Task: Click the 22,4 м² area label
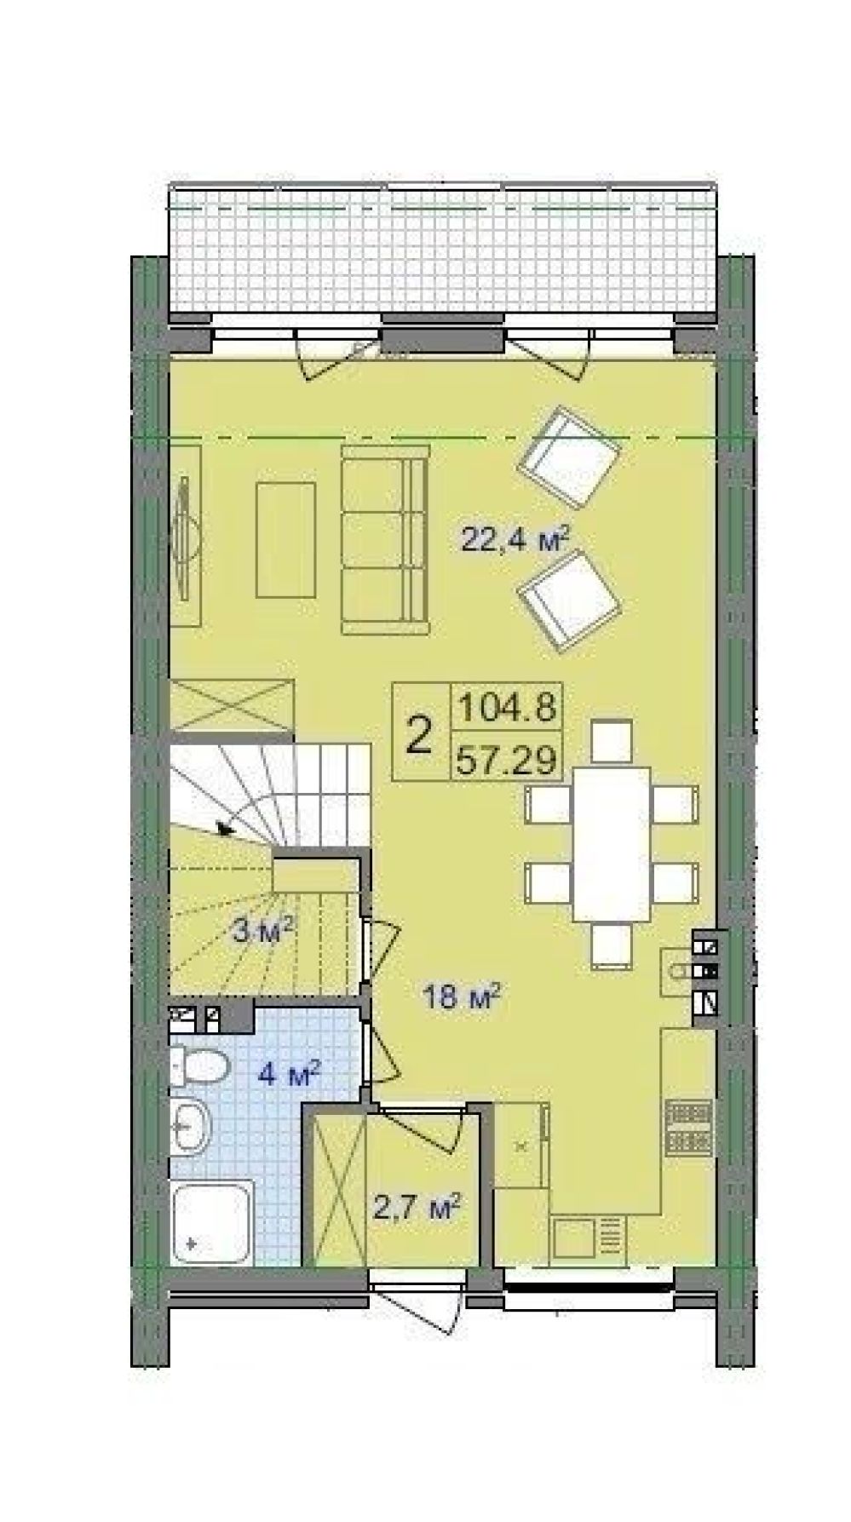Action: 515,538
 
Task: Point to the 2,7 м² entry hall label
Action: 418,1205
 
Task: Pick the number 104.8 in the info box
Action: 508,706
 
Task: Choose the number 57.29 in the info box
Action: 508,756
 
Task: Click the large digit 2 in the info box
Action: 419,733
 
